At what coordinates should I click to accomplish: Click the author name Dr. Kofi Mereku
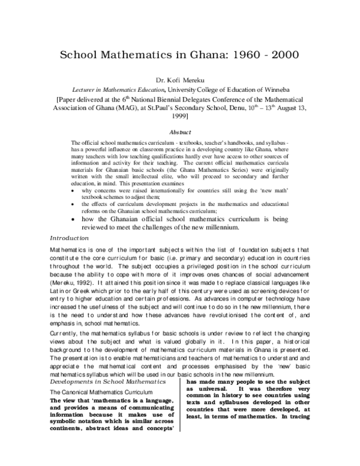pyautogui.click(x=181, y=80)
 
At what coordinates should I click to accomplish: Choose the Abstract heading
pyautogui.click(x=180, y=132)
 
